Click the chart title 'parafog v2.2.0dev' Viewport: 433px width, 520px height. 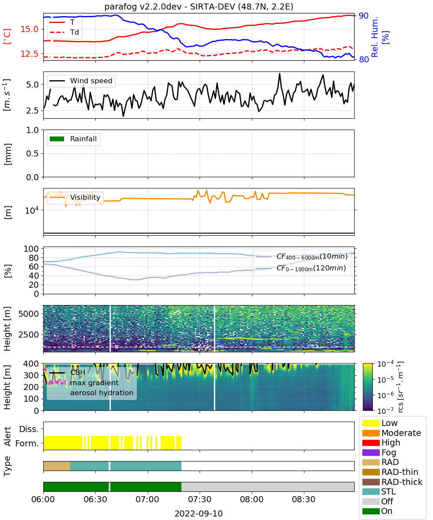coord(143,6)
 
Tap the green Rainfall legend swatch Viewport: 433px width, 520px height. coord(57,139)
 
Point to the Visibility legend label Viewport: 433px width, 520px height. coord(85,197)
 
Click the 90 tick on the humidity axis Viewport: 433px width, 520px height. coord(363,16)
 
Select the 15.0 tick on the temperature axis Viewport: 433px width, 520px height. coord(29,29)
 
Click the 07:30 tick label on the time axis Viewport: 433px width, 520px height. coord(200,499)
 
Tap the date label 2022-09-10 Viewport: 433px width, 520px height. coord(199,513)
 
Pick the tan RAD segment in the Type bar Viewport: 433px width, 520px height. coord(57,466)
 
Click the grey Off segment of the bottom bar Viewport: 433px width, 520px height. coord(268,487)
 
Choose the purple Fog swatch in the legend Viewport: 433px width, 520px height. coord(371,452)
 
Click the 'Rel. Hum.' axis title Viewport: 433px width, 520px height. coord(374,37)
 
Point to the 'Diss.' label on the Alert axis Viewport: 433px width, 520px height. coord(29,429)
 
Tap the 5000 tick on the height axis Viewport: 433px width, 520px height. coord(29,314)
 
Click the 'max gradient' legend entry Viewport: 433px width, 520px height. coord(94,383)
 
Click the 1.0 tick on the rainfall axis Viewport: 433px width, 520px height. coord(32,130)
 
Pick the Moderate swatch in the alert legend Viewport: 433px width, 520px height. coord(371,433)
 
